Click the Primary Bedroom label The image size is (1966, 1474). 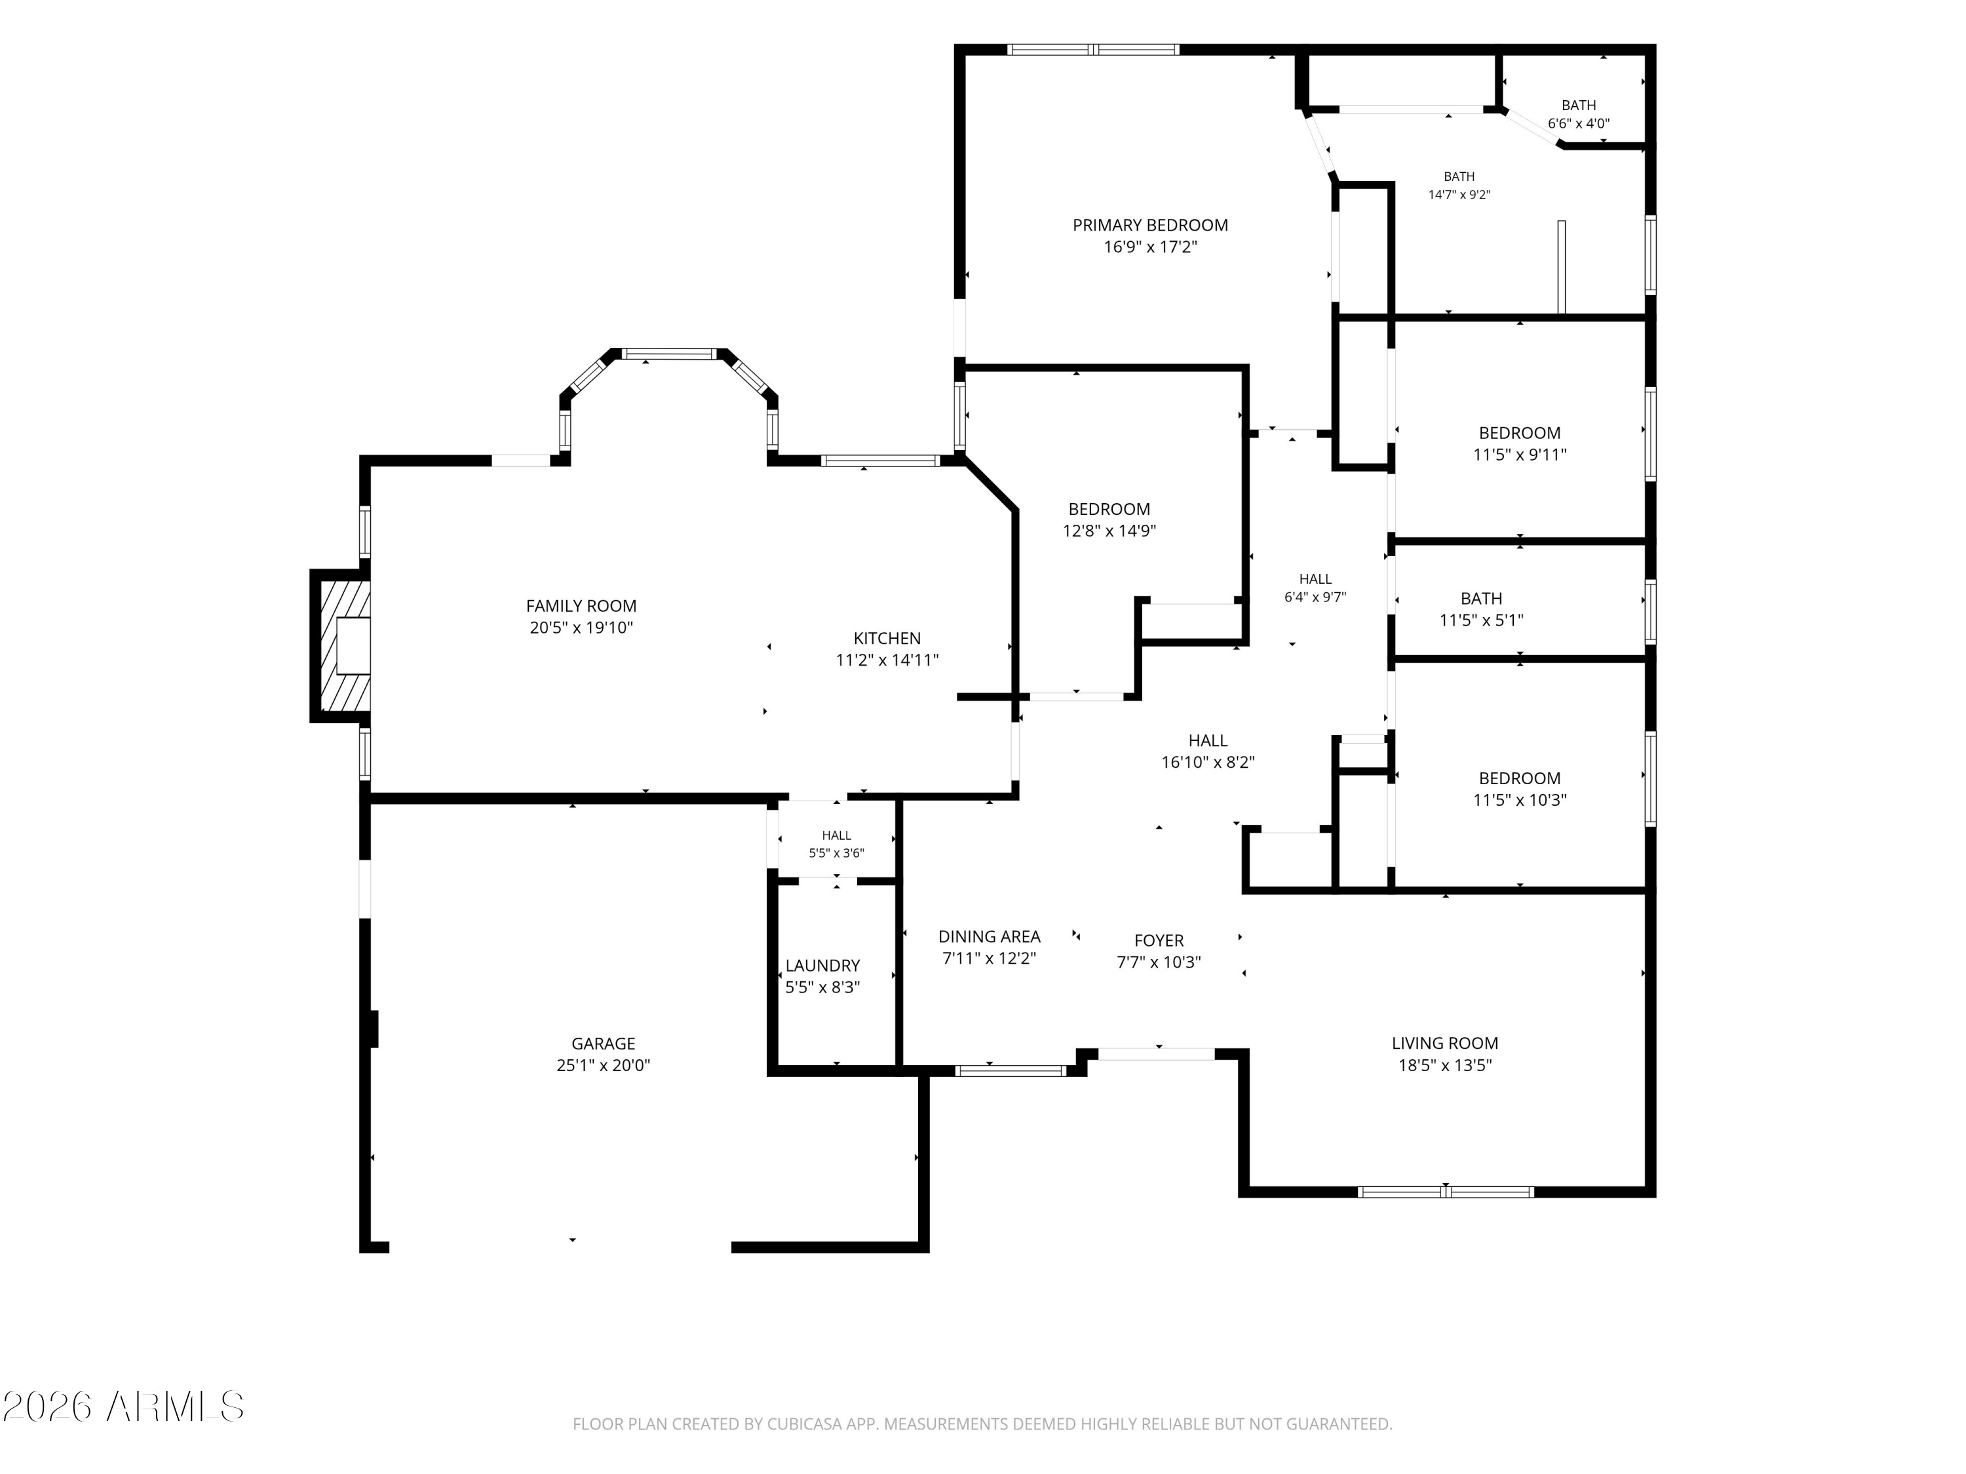(x=1150, y=225)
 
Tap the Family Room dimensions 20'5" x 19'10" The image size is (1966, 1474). (x=581, y=628)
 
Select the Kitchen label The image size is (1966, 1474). (x=887, y=638)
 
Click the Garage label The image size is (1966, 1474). (x=604, y=1044)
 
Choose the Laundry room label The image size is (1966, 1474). (x=823, y=966)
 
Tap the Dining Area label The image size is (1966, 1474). (x=989, y=936)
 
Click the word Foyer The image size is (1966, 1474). (x=1159, y=940)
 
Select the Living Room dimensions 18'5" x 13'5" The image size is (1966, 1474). (x=1445, y=1065)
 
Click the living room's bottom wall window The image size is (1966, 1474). (x=1446, y=1192)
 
